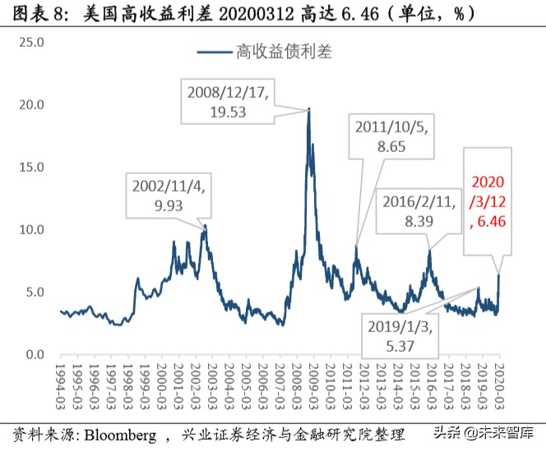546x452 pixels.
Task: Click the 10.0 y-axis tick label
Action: point(30,229)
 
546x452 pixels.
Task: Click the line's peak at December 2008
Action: point(309,109)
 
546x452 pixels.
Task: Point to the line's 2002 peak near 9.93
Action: point(205,227)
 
